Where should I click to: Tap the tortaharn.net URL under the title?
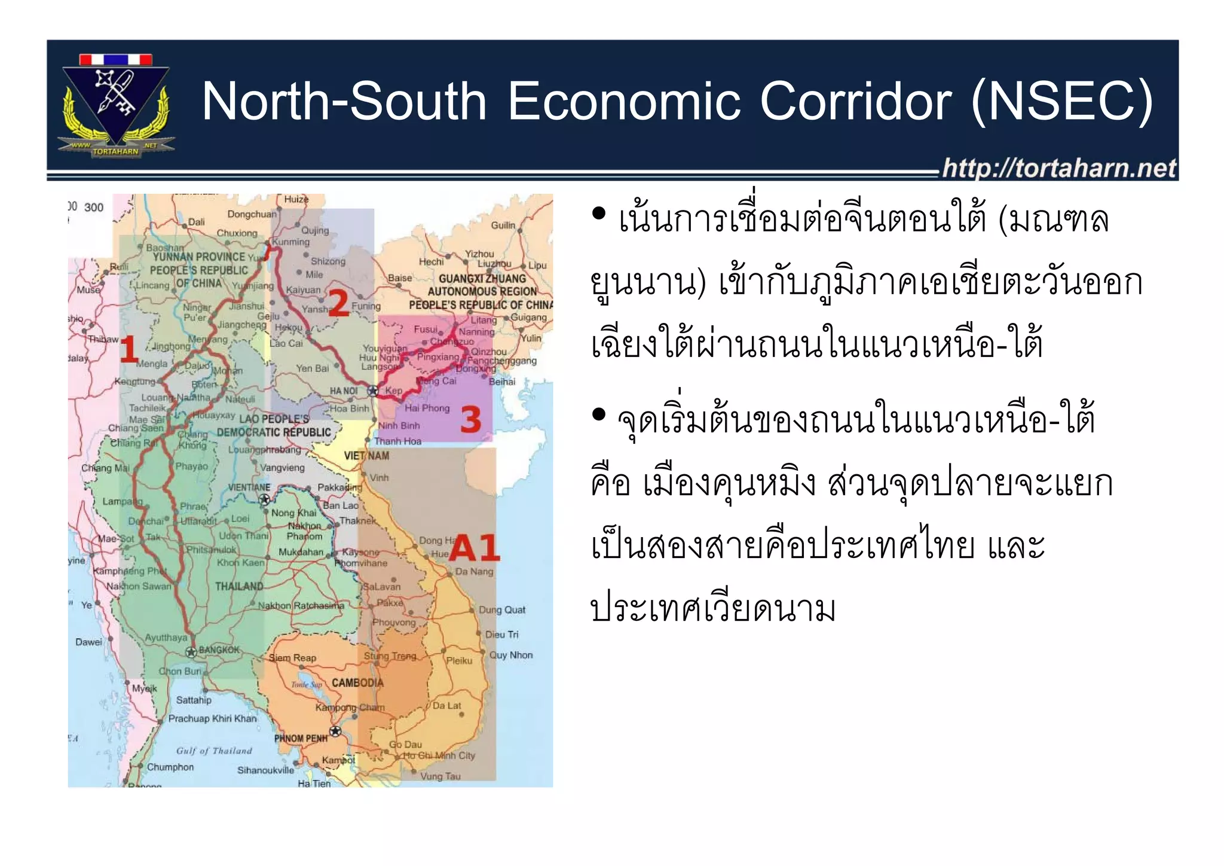[1059, 168]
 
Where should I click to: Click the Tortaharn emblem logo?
[116, 106]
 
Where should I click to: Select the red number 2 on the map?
[338, 303]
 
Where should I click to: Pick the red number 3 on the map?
[471, 419]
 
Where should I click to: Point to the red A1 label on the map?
[474, 548]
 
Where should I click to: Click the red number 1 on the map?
[129, 349]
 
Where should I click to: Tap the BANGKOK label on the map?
[219, 650]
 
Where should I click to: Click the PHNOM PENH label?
[301, 739]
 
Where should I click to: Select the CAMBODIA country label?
[357, 683]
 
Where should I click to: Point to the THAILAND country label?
[239, 586]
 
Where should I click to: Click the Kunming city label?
[291, 242]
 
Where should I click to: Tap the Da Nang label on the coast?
[474, 572]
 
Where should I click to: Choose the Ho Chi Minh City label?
[439, 755]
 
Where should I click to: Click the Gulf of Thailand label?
[214, 751]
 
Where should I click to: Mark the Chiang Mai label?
[105, 468]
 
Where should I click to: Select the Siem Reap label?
[292, 658]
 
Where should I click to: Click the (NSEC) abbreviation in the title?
[1062, 101]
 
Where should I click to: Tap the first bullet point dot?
[598, 214]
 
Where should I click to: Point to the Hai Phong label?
[427, 408]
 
